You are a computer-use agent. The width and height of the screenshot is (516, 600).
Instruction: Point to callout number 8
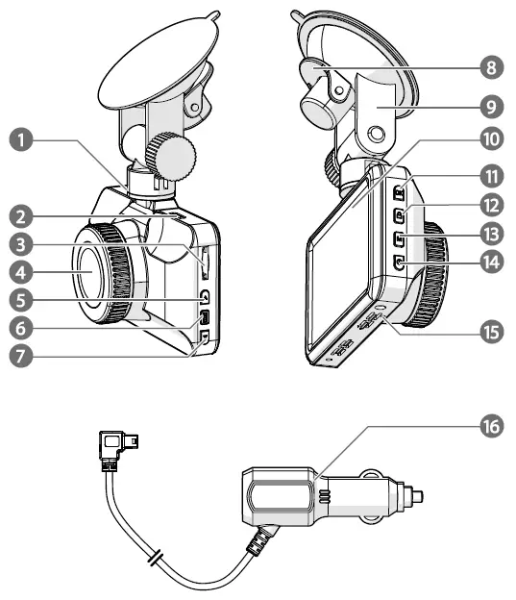pyautogui.click(x=494, y=68)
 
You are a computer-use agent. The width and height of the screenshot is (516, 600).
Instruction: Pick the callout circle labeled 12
pyautogui.click(x=494, y=205)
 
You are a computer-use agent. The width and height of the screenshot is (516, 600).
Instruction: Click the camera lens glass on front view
pyautogui.click(x=92, y=273)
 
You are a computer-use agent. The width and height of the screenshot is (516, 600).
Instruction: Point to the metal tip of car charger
pyautogui.click(x=417, y=497)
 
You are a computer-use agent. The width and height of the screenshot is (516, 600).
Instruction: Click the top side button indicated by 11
pyautogui.click(x=397, y=191)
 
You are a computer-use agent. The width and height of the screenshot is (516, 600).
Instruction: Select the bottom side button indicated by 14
pyautogui.click(x=397, y=261)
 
